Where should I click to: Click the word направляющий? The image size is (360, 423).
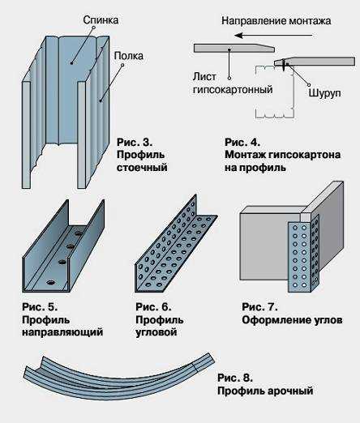(x=58, y=332)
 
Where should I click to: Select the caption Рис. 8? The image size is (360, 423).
(x=236, y=378)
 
